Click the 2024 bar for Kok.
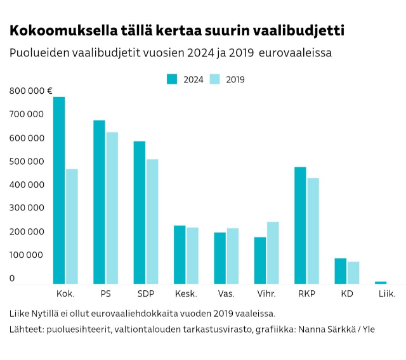tap(59, 190)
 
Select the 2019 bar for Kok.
tap(72, 226)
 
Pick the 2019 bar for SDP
tap(152, 221)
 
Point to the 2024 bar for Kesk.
tap(180, 254)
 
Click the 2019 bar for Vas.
tap(233, 255)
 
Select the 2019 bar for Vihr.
tap(273, 252)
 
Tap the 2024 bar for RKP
tap(300, 225)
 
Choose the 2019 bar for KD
tap(353, 273)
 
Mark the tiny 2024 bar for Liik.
tap(381, 282)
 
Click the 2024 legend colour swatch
tap(173, 79)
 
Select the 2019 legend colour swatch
tap(215, 79)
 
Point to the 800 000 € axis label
tap(30, 91)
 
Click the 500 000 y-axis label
tap(26, 161)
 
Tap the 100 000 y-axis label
tap(26, 255)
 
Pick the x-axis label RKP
tap(306, 294)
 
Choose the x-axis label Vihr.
tap(266, 294)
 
